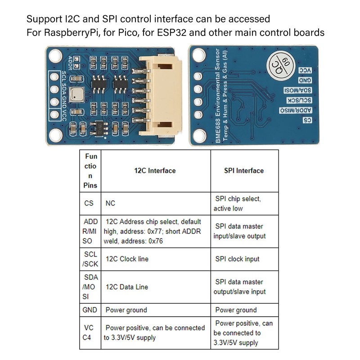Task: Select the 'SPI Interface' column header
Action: tap(244, 171)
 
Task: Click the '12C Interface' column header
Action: tap(155, 171)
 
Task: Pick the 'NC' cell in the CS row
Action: tap(110, 203)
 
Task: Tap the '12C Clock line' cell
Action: tap(127, 259)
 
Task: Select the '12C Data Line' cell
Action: tap(126, 287)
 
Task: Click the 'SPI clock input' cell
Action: tap(237, 259)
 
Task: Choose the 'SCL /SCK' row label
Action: tap(90, 259)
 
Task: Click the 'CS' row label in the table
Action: tap(89, 203)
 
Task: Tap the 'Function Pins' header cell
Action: tap(90, 171)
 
